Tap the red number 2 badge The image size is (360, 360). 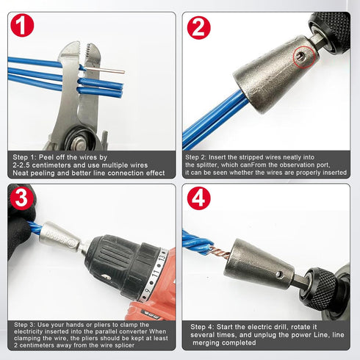coord(198,27)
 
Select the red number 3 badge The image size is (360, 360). coord(23,198)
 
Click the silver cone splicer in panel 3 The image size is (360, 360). coord(62,235)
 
